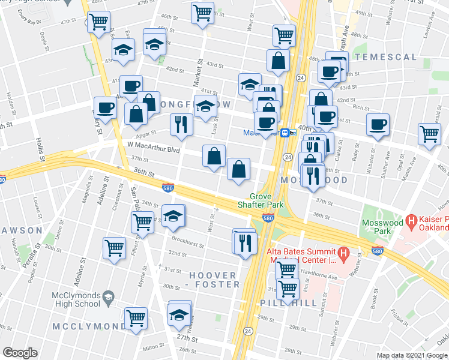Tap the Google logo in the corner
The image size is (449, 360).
tap(20, 353)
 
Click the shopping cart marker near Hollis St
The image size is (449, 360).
tap(98, 22)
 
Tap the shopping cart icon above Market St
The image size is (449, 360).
tap(203, 12)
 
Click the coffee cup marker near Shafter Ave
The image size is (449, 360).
tap(378, 125)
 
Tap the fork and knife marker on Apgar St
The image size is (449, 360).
tap(181, 125)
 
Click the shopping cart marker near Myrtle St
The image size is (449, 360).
tap(136, 317)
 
